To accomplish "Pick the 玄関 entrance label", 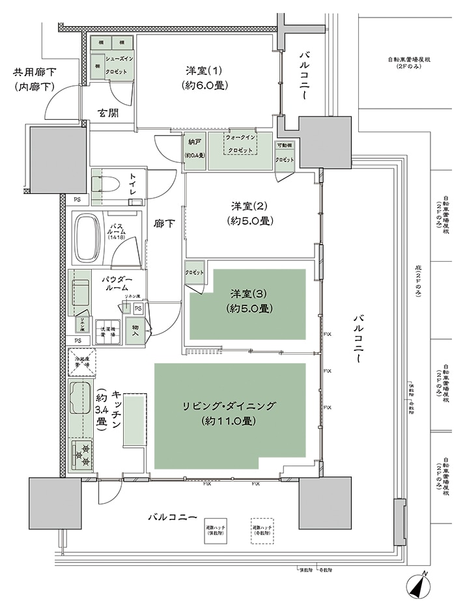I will click(108, 113).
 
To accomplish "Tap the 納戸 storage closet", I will click(194, 150).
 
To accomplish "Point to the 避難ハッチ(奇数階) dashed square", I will click(262, 529).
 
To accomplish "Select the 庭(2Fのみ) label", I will click(415, 286).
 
